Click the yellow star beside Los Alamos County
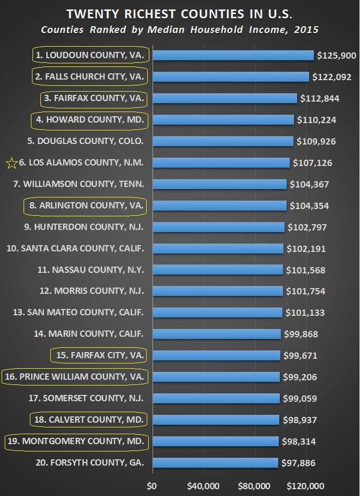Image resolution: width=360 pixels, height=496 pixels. [11, 163]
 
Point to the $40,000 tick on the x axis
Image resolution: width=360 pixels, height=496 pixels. [203, 486]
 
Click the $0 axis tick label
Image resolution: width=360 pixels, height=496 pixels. [152, 486]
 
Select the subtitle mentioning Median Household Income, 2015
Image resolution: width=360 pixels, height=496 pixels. [180, 29]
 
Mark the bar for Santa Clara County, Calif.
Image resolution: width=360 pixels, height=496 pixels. [217, 249]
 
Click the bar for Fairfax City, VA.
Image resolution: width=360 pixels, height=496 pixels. [216, 356]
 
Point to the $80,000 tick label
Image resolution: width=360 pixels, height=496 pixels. [254, 486]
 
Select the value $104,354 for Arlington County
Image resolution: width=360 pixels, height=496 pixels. [309, 206]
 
